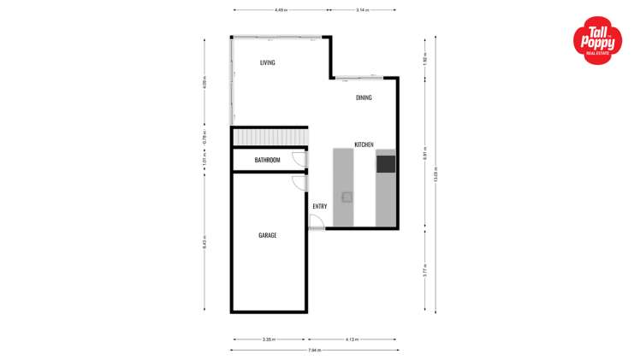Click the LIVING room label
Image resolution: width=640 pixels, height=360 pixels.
click(x=268, y=62)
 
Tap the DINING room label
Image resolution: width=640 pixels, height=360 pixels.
click(x=364, y=97)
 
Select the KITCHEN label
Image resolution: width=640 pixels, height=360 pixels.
click(x=364, y=145)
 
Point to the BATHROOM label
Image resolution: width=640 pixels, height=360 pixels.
click(x=267, y=160)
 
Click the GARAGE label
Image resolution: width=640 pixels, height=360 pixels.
click(x=267, y=235)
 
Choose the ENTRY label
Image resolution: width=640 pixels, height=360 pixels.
click(x=319, y=206)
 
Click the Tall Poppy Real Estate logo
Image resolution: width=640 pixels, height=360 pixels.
click(x=597, y=41)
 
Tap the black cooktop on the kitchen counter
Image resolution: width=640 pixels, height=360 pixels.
click(x=386, y=163)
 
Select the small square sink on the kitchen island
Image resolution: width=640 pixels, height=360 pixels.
click(x=347, y=197)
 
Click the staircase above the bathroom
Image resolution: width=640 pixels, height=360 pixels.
click(x=270, y=138)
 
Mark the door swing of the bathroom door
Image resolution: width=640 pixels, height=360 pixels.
click(x=299, y=159)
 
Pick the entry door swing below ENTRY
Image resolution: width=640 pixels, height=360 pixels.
click(x=316, y=222)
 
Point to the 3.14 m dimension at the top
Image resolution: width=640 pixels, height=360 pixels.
click(x=362, y=10)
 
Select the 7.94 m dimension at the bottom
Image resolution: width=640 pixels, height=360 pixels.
click(x=313, y=350)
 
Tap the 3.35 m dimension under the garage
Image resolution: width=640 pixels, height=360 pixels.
click(x=268, y=339)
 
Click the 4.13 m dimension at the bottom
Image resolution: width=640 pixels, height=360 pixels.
click(x=352, y=339)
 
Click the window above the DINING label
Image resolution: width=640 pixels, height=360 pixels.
click(x=353, y=80)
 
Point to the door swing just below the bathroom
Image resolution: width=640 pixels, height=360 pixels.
click(x=299, y=182)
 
